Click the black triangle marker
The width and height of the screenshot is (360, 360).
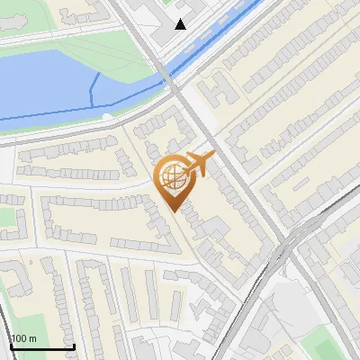(x=181, y=24)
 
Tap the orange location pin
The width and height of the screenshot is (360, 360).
(x=173, y=179)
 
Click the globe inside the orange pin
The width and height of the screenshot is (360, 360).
(x=173, y=175)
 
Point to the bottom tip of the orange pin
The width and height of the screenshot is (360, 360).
(x=174, y=211)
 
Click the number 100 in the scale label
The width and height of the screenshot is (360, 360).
(x=19, y=338)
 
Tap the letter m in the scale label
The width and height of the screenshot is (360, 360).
(x=32, y=338)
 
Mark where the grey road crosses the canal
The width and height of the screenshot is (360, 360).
(x=171, y=76)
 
